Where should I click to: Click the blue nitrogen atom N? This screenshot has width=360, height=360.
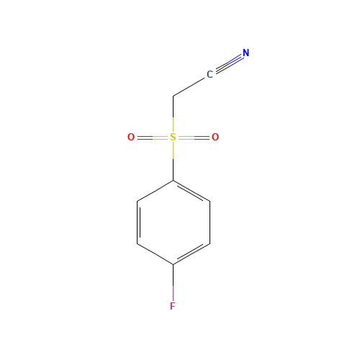(246, 53)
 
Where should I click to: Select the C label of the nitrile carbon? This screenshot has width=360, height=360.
(210, 74)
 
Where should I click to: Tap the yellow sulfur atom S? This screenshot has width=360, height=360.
(173, 137)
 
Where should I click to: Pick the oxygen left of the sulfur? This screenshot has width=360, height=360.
(131, 137)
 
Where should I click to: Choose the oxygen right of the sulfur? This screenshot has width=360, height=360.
(215, 137)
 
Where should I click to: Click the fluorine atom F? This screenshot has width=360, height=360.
(173, 306)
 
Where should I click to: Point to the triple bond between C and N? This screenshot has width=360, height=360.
(228, 63)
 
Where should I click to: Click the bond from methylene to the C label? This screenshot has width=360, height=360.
(189, 86)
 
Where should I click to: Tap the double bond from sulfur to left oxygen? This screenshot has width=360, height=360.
(152, 137)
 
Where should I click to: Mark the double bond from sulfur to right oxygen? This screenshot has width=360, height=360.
(194, 137)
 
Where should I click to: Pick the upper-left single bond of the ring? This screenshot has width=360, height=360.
(155, 190)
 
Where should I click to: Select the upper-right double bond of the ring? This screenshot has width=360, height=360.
(192, 190)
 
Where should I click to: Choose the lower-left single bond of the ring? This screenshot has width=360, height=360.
(155, 254)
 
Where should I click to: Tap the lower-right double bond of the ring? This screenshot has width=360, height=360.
(192, 254)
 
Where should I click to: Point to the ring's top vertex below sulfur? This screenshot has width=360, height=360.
(173, 180)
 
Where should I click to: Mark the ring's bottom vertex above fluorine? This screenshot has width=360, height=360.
(173, 264)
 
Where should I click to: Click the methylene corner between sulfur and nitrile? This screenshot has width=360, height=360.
(173, 96)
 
